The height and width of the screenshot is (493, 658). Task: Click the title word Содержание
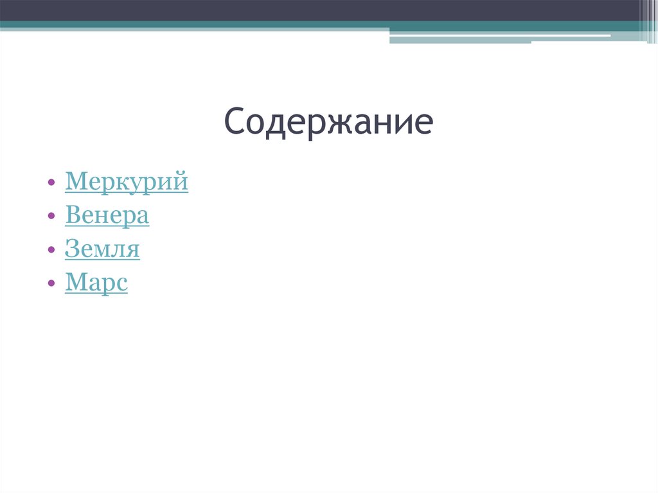pos(328,122)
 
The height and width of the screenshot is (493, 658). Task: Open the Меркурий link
pos(127,182)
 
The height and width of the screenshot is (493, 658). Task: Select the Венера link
pos(107,215)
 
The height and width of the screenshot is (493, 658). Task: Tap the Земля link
pos(102,249)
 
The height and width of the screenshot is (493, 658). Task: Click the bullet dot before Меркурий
pos(51,183)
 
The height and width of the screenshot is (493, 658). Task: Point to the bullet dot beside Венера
pos(51,217)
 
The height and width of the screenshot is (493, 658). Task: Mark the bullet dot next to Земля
pos(51,250)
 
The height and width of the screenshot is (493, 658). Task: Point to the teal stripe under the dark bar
pos(193,25)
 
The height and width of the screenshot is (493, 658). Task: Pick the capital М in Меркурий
pos(74,182)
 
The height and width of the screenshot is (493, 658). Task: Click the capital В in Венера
pos(72,215)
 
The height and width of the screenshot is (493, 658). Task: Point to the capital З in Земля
pos(71,249)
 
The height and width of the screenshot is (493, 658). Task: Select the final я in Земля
pos(133,250)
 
